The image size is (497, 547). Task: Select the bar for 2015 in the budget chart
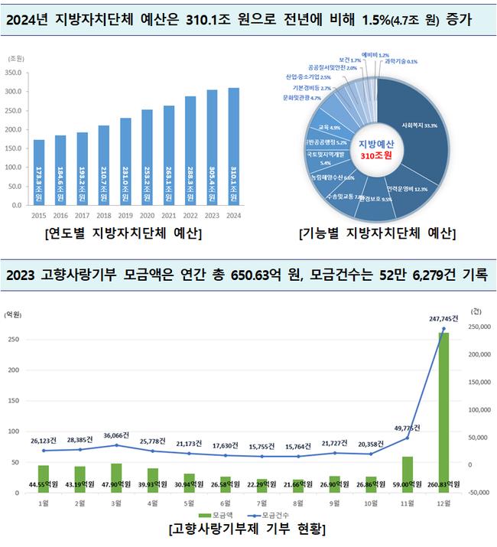point(39,173)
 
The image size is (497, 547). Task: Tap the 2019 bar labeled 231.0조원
point(125,161)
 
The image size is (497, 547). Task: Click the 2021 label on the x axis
point(168,216)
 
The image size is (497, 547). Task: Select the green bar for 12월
point(443,413)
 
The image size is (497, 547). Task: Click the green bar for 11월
point(408,474)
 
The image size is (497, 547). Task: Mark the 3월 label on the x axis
point(115,504)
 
